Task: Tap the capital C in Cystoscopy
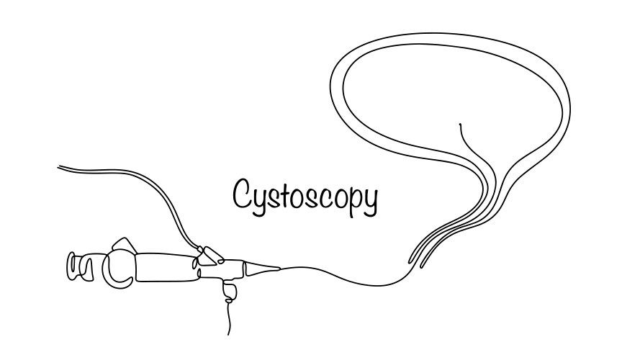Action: pos(241,192)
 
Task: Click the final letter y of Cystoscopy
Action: pos(369,198)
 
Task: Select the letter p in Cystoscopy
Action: pos(353,198)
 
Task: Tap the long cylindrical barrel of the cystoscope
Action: pos(166,266)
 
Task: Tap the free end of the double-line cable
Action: pos(60,167)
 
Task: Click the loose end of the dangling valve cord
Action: pos(230,333)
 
